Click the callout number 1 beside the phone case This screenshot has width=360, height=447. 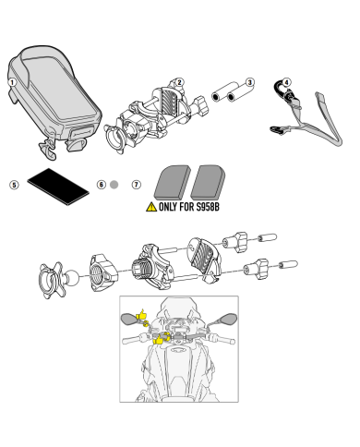point(13,81)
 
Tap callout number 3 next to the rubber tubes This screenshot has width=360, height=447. point(250,83)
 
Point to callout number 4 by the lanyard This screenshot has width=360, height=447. point(286,82)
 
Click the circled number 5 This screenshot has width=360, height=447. point(13,185)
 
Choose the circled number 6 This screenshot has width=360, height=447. point(101,185)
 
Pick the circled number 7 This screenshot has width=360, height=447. point(137,185)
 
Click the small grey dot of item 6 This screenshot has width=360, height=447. point(114,185)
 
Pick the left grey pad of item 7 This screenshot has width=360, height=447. point(172,180)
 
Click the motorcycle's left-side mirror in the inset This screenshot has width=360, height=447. point(127,319)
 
